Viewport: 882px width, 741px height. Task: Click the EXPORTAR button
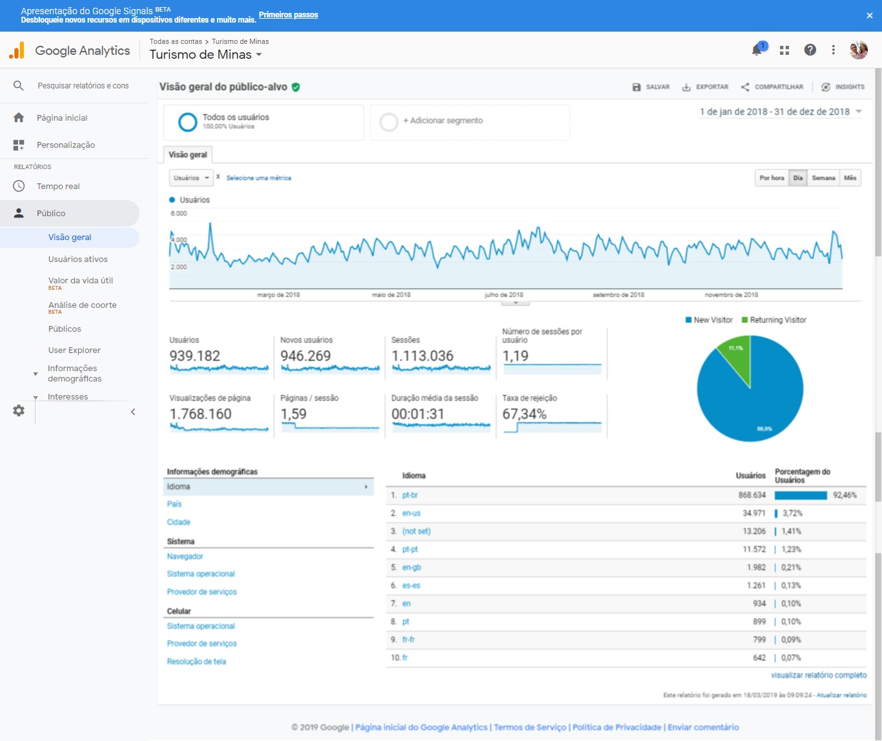pyautogui.click(x=706, y=87)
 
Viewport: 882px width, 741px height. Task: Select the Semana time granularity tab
pyautogui.click(x=823, y=178)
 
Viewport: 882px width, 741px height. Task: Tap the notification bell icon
pyautogui.click(x=757, y=50)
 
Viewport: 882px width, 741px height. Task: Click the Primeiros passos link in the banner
pyautogui.click(x=289, y=15)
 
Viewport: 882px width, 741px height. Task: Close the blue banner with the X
pyautogui.click(x=869, y=15)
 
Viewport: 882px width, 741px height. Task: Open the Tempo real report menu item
pyautogui.click(x=58, y=186)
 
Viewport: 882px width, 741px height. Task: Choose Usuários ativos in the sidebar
pyautogui.click(x=77, y=259)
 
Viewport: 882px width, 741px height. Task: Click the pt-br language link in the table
pyautogui.click(x=410, y=495)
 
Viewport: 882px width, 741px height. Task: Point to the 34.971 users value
pyautogui.click(x=754, y=513)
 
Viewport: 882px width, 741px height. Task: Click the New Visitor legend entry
pyautogui.click(x=709, y=320)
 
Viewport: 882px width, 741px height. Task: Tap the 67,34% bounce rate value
pyautogui.click(x=524, y=414)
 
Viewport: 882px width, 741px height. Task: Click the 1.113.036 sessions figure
pyautogui.click(x=422, y=356)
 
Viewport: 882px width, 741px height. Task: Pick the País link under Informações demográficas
pyautogui.click(x=174, y=504)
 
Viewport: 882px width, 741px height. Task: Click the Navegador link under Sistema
pyautogui.click(x=185, y=556)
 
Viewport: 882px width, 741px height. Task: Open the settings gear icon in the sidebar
pyautogui.click(x=19, y=411)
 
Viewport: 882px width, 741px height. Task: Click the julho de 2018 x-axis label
pyautogui.click(x=504, y=295)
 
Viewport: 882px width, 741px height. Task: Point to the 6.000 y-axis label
pyautogui.click(x=178, y=213)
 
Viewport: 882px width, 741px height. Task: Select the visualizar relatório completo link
pyautogui.click(x=819, y=675)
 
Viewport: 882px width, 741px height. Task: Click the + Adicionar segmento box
pyautogui.click(x=469, y=122)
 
